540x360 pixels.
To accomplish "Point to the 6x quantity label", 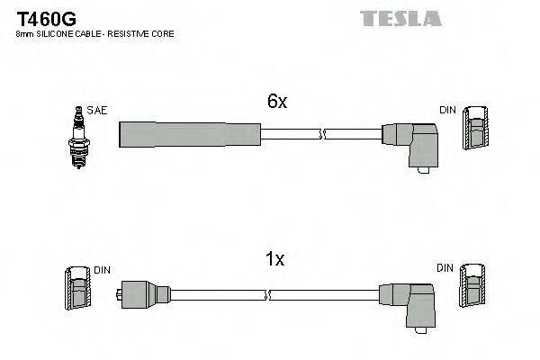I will point(276,103).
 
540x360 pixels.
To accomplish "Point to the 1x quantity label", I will point(275,260).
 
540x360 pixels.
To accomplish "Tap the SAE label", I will point(97,110).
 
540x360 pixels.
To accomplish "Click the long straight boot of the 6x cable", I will point(190,133).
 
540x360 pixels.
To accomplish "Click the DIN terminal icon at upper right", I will point(476,126).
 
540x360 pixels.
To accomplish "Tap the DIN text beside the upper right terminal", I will point(446,110).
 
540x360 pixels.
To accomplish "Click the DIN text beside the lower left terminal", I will point(103,268).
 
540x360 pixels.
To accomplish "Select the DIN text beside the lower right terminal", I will point(445,268).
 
